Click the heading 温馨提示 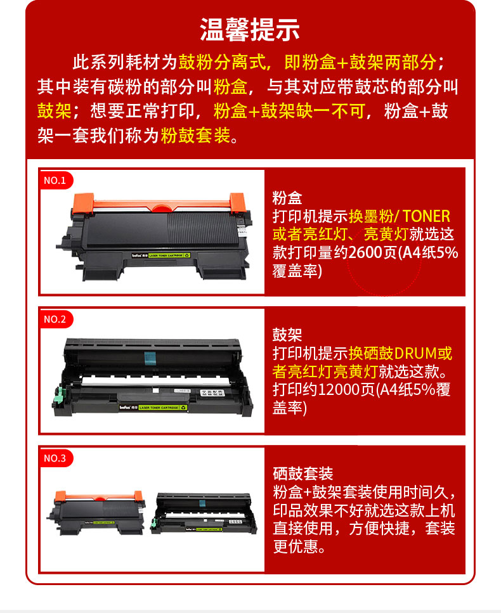pyautogui.click(x=250, y=30)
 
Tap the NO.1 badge pyautogui.click(x=56, y=180)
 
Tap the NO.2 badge pyautogui.click(x=56, y=319)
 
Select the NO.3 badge pyautogui.click(x=56, y=458)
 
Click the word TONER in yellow pyautogui.click(x=426, y=216)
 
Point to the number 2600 pyautogui.click(x=365, y=252)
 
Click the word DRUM pyautogui.click(x=415, y=354)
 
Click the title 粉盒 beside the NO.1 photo pyautogui.click(x=287, y=198)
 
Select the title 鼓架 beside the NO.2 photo pyautogui.click(x=287, y=335)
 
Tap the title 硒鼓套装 pyautogui.click(x=303, y=474)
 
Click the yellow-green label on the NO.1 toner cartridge pyautogui.click(x=169, y=255)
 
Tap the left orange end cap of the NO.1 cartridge pyautogui.click(x=83, y=203)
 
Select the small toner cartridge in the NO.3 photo pyautogui.click(x=96, y=513)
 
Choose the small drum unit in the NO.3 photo pyautogui.click(x=204, y=513)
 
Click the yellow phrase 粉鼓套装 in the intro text pyautogui.click(x=195, y=136)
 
